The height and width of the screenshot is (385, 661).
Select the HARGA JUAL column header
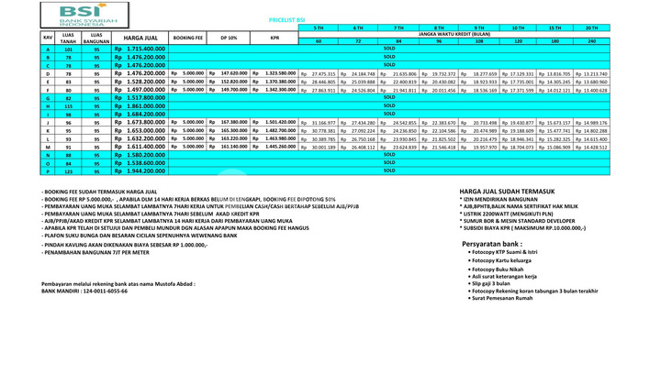pyautogui.click(x=140, y=38)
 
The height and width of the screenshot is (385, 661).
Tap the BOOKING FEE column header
pyautogui.click(x=188, y=38)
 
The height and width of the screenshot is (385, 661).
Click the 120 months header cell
pyautogui.click(x=519, y=41)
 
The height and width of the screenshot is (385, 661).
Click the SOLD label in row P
pyautogui.click(x=389, y=170)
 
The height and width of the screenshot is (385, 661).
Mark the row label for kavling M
pyautogui.click(x=47, y=147)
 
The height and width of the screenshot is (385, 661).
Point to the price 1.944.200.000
pyautogui.click(x=140, y=171)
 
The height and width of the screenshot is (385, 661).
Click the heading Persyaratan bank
pyautogui.click(x=493, y=244)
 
